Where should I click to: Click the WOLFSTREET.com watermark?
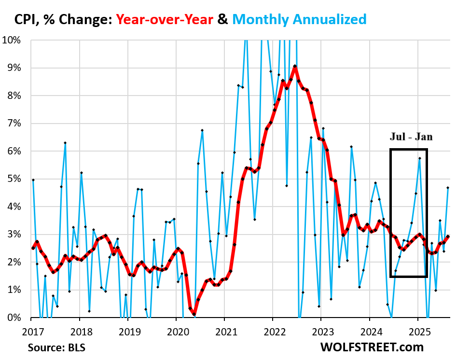[x=372, y=347]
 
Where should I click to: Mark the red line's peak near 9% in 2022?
[x=294, y=66]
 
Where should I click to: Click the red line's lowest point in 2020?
[x=194, y=315]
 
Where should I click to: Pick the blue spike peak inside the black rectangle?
[x=420, y=158]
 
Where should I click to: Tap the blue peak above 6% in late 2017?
[x=65, y=143]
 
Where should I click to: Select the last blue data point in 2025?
[x=448, y=188]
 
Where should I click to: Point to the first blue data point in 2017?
[x=33, y=180]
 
